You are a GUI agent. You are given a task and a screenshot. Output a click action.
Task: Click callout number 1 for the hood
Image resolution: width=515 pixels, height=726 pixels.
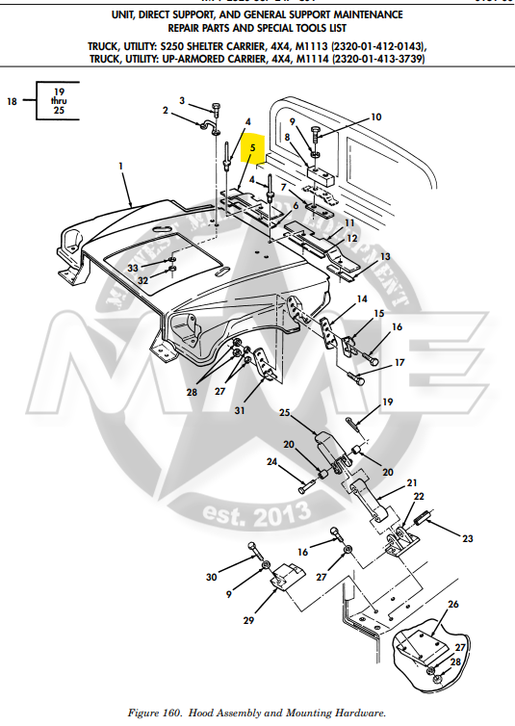pos(121,166)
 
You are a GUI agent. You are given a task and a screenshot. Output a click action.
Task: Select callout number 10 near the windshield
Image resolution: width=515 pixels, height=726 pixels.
pos(375,117)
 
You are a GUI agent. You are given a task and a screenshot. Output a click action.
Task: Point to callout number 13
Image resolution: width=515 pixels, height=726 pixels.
pos(385,257)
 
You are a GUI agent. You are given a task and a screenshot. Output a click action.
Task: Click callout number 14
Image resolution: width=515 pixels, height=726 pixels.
pos(362,299)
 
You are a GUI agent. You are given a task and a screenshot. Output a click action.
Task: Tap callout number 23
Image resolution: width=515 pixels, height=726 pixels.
pos(467,538)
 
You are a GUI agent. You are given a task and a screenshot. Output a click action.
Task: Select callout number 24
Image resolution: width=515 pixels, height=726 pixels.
pos(271,462)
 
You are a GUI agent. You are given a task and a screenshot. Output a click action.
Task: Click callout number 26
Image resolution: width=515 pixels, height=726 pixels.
pos(452,605)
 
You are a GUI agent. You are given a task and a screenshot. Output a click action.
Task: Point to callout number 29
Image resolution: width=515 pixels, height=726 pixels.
pos(248,620)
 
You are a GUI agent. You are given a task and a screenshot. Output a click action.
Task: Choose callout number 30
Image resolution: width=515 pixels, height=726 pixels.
pos(211,577)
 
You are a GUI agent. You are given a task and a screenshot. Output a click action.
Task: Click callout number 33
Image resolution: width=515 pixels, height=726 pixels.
pos(133,268)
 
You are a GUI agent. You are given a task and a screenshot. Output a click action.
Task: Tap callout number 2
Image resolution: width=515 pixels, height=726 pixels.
pos(165,111)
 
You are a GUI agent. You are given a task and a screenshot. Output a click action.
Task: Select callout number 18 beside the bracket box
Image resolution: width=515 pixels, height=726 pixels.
pos(13,100)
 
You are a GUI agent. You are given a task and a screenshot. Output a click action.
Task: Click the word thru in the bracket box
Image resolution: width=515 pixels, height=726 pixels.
pos(59,100)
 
